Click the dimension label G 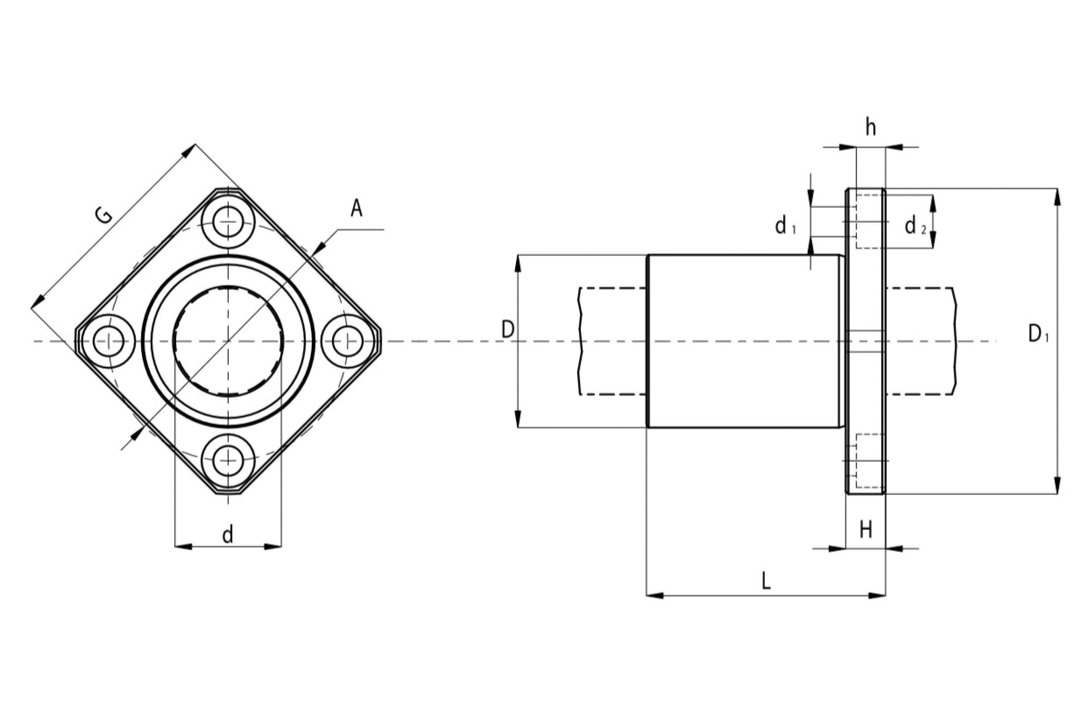105,215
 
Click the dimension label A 357,209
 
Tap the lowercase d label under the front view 228,534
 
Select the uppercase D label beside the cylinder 508,330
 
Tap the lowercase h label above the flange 871,128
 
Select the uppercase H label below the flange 866,530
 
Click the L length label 766,580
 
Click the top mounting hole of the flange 228,222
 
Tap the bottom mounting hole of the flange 228,461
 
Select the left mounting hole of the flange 109,341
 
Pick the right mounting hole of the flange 348,341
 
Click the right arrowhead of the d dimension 273,546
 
